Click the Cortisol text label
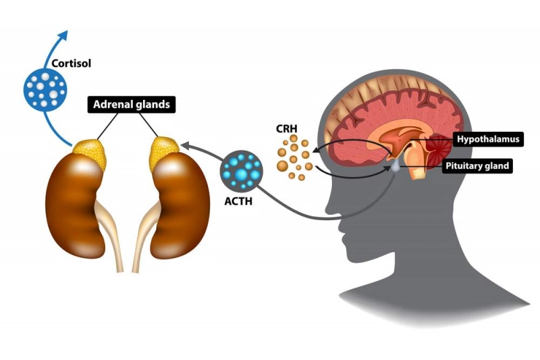pyautogui.click(x=71, y=64)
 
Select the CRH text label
pyautogui.click(x=285, y=128)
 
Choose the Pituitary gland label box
pyautogui.click(x=478, y=165)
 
